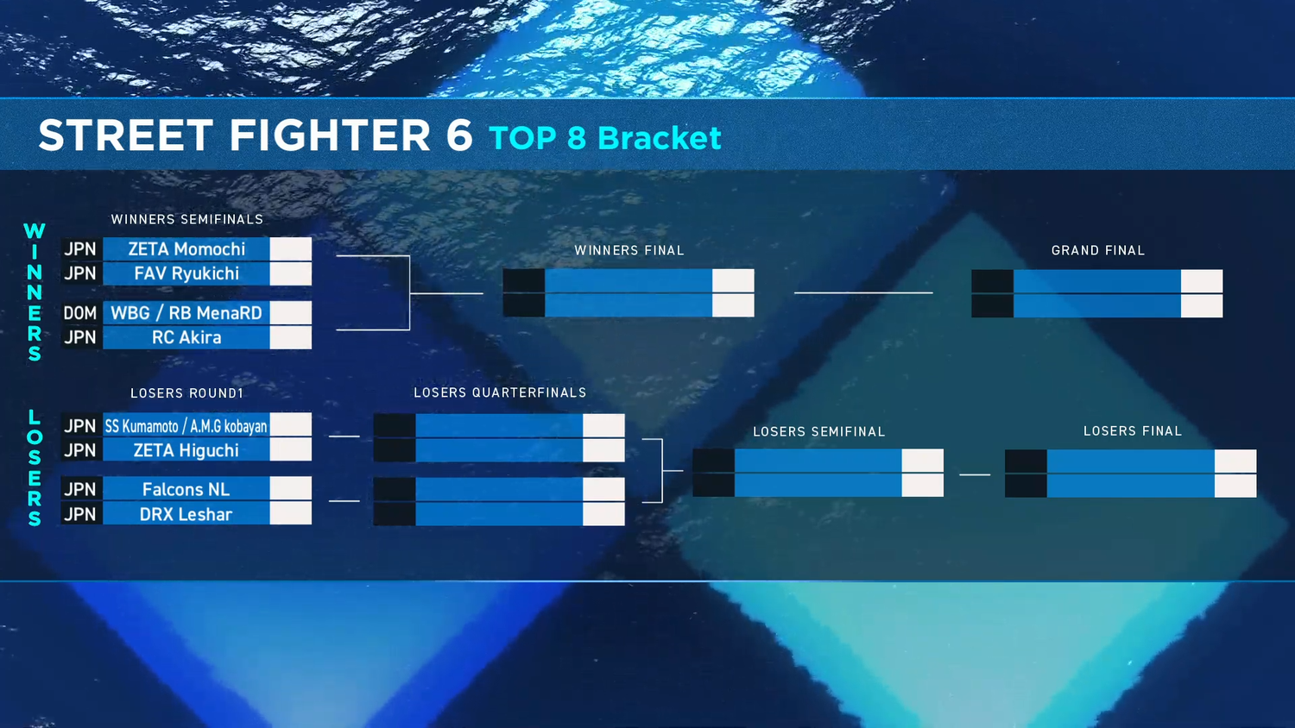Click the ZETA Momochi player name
point(186,249)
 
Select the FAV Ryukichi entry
point(186,273)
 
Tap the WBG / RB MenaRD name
point(186,313)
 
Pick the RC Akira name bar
point(186,337)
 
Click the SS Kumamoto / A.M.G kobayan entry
point(186,426)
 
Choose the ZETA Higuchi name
point(186,450)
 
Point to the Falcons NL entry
point(186,489)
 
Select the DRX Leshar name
point(186,514)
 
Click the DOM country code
point(79,313)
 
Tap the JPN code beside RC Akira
point(79,337)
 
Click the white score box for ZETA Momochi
point(291,249)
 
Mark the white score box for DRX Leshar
point(291,513)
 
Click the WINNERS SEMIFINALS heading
point(186,220)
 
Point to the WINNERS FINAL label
point(629,251)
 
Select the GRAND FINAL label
point(1098,251)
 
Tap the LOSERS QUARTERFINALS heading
point(500,392)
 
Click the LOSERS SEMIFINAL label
point(818,431)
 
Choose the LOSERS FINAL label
point(1133,431)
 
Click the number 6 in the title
point(459,135)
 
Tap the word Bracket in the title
point(659,137)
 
